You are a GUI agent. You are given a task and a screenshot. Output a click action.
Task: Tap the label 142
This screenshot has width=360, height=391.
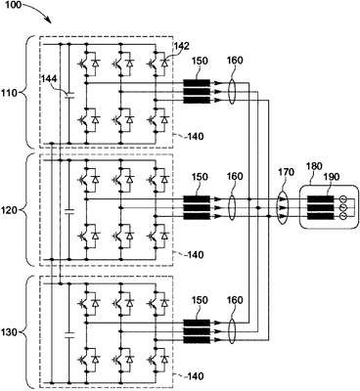tap(181, 46)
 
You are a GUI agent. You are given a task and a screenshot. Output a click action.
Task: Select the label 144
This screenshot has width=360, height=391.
tap(49, 78)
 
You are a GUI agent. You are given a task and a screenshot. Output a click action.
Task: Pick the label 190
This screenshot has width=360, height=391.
tap(332, 177)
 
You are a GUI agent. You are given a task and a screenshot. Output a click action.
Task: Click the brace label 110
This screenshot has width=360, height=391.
tap(9, 93)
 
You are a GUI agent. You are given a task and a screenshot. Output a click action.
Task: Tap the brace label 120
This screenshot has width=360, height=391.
tap(9, 210)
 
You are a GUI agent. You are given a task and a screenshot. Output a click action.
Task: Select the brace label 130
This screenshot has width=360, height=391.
tap(9, 332)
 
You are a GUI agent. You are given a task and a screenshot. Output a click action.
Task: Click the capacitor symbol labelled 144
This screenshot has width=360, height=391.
tap(69, 96)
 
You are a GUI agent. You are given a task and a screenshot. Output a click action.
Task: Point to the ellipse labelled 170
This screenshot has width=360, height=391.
tap(282, 207)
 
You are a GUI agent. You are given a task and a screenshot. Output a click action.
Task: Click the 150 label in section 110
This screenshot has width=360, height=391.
tap(200, 61)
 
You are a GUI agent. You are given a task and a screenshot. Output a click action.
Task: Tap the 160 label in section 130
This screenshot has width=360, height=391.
tap(235, 300)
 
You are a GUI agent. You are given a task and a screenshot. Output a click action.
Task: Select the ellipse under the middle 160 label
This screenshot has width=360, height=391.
tap(231, 207)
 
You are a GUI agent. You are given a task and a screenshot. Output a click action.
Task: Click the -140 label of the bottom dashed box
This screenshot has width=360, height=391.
tap(193, 376)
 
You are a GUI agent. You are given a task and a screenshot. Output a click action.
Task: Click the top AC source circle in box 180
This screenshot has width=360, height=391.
tap(342, 199)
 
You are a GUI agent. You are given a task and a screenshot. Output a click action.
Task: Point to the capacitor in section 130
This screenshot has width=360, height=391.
tap(69, 335)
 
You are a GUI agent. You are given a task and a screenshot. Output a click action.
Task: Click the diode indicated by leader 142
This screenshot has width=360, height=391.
tap(164, 62)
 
